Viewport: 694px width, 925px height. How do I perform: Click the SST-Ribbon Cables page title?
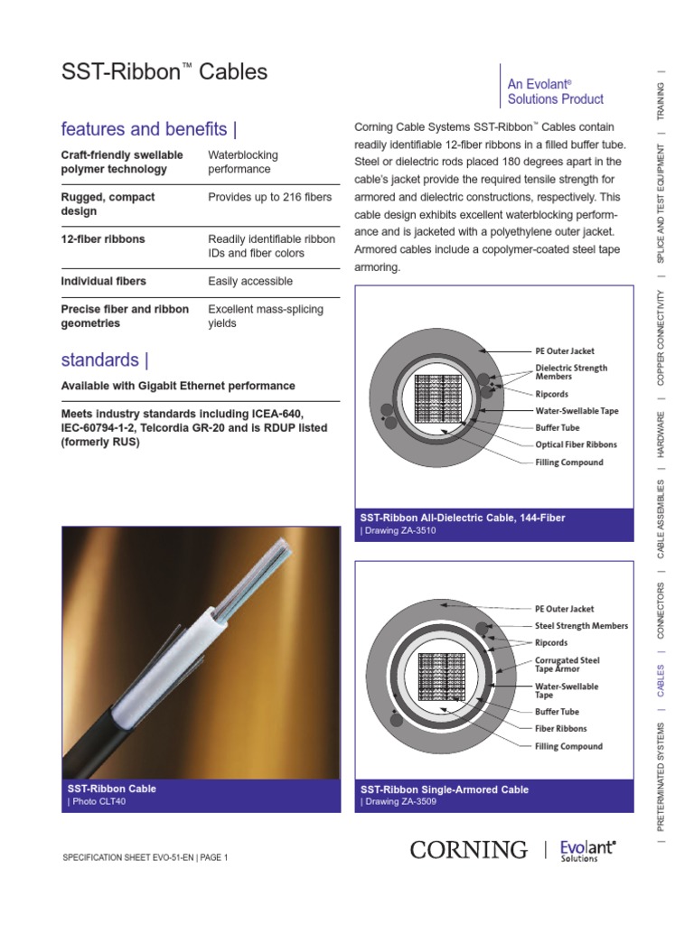coord(164,72)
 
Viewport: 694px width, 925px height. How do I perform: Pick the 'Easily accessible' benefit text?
coord(250,282)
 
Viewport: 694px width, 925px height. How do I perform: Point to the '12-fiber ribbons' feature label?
coord(103,239)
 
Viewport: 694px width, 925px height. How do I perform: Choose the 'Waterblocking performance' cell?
coord(243,162)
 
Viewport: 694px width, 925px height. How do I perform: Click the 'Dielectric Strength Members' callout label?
coord(571,372)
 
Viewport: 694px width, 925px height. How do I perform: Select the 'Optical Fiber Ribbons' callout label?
coord(577,444)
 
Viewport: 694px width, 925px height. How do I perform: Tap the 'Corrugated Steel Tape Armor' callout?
coord(567,665)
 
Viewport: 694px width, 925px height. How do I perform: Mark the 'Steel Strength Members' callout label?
coord(581,626)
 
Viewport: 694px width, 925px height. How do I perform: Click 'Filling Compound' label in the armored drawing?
coord(568,746)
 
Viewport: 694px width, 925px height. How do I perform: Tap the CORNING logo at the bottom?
coord(468,849)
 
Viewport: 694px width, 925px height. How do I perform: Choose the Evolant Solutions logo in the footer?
coord(587,850)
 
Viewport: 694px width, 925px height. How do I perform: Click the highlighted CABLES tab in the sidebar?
coord(661,682)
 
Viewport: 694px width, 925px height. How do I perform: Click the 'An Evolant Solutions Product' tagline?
coord(555,91)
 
